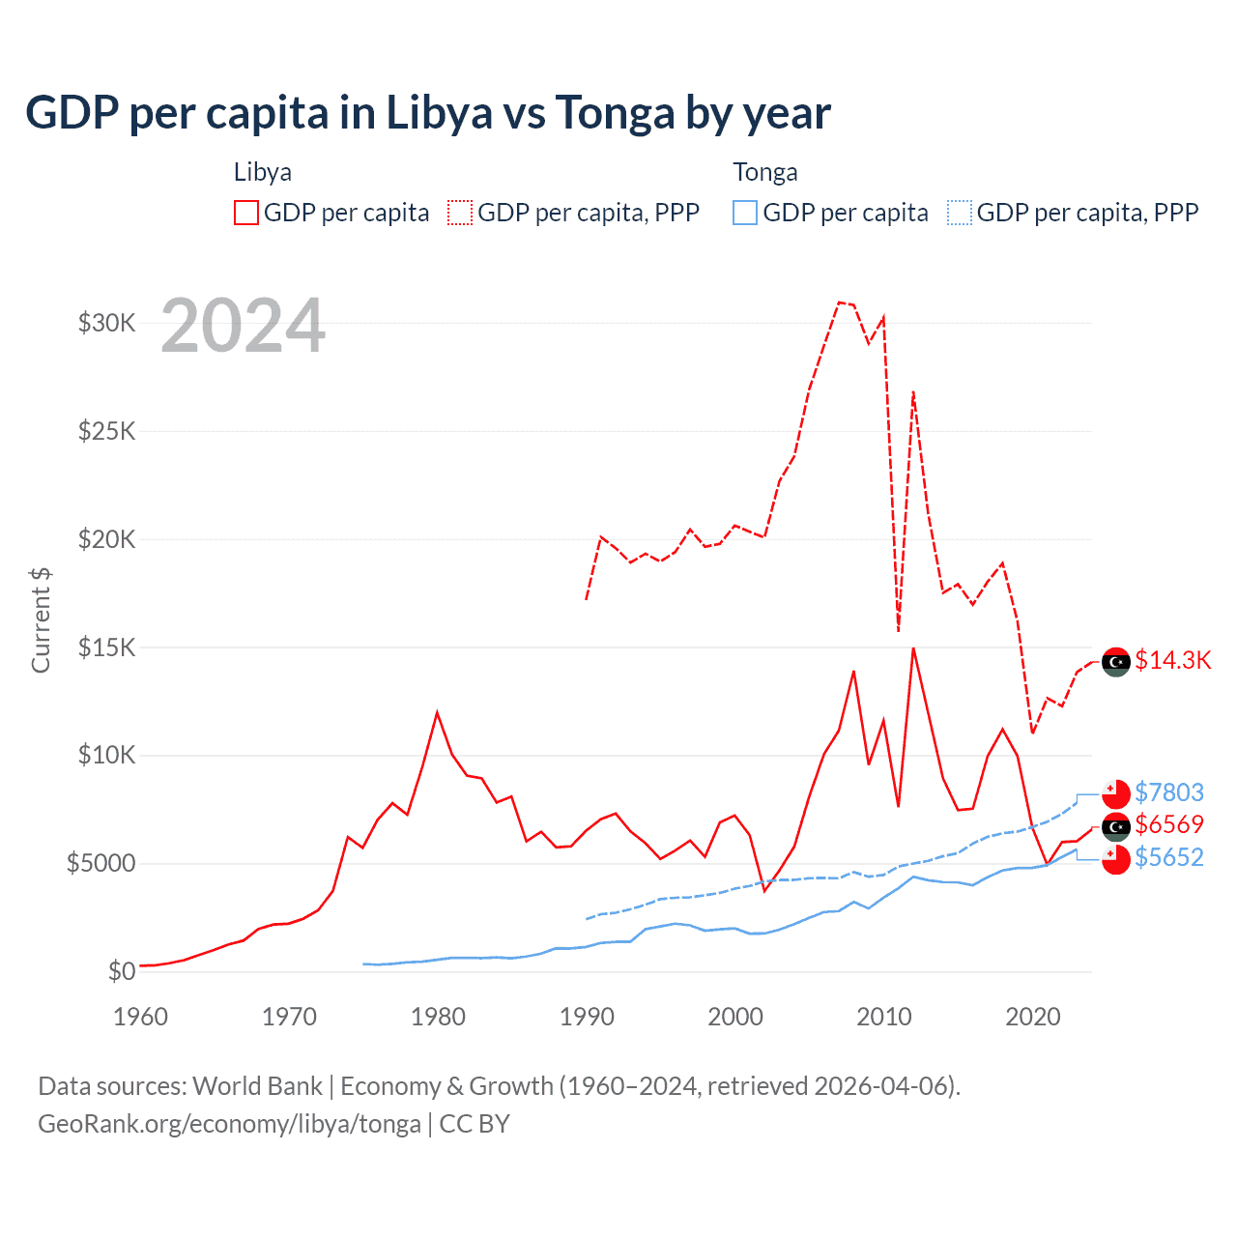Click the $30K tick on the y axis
click(x=106, y=323)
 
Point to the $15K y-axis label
click(x=106, y=647)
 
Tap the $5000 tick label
click(x=101, y=863)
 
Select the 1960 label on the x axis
click(x=141, y=1017)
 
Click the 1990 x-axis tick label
click(x=587, y=1017)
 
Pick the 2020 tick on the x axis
click(x=1033, y=1017)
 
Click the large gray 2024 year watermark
click(x=243, y=326)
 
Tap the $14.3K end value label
click(x=1172, y=660)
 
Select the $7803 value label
click(x=1169, y=792)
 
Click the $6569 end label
click(x=1169, y=824)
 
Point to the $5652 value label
click(x=1169, y=857)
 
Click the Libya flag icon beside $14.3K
click(x=1116, y=662)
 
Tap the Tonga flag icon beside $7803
click(x=1116, y=793)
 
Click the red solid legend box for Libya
click(x=246, y=213)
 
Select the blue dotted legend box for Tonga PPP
click(x=960, y=213)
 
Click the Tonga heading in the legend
click(x=765, y=172)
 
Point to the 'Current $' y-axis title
click(x=41, y=620)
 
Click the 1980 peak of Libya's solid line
click(x=437, y=713)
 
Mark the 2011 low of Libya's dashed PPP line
click(x=899, y=631)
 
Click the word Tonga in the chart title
click(x=615, y=113)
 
